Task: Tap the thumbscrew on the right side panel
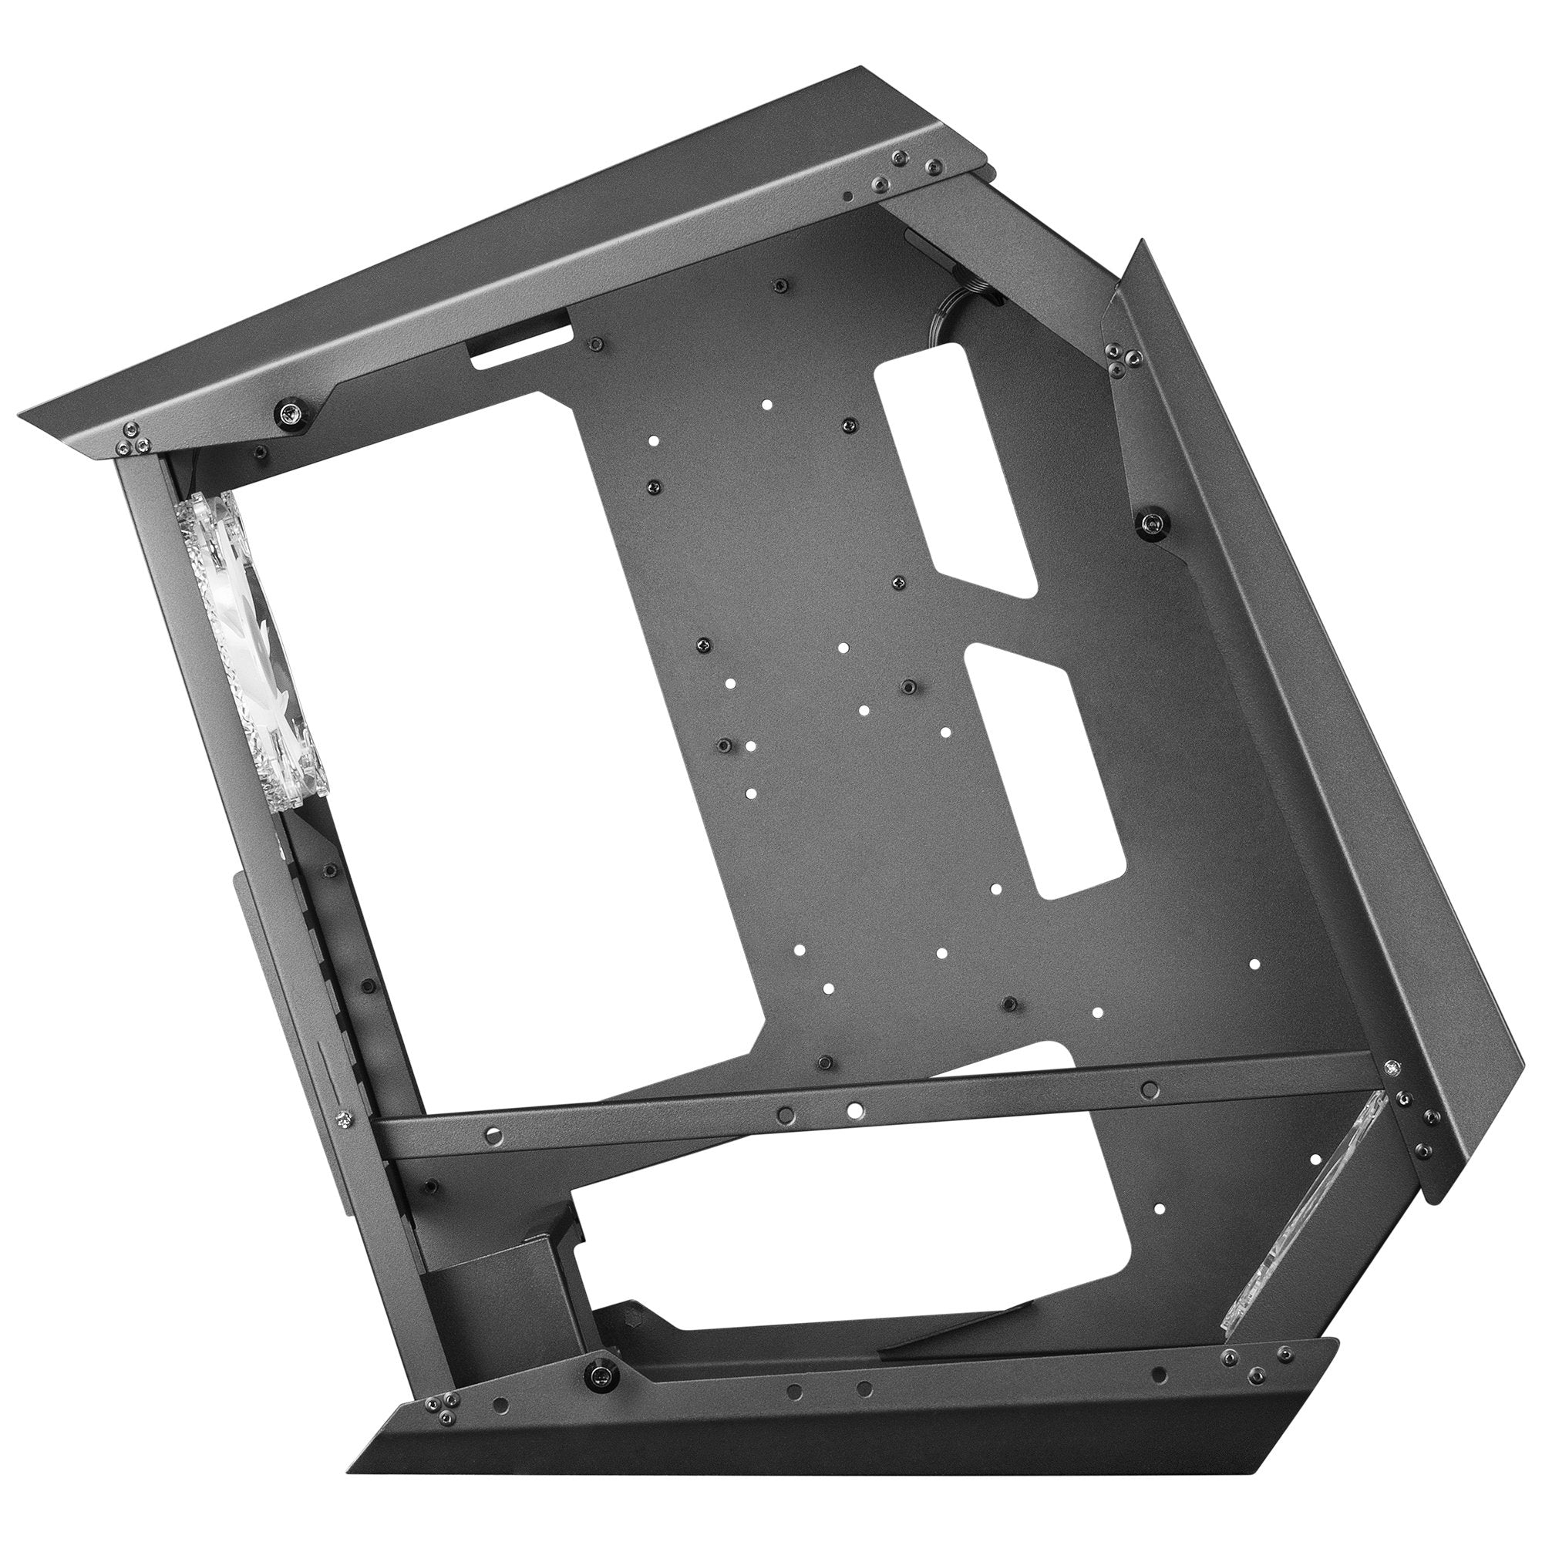pos(1153,523)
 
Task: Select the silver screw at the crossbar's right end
pos(1392,1066)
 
